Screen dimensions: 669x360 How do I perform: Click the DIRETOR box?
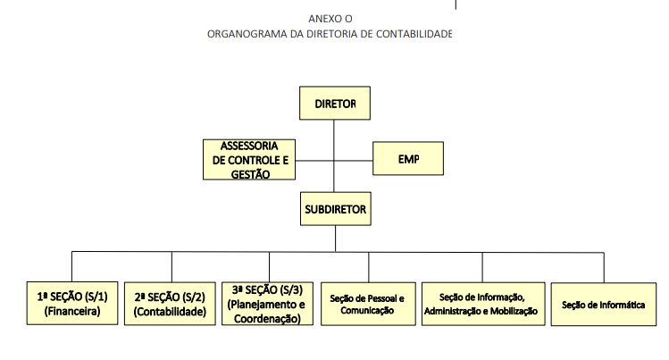pos(335,104)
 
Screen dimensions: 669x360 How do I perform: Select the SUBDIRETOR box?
pos(336,209)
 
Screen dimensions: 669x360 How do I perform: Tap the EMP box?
pos(408,159)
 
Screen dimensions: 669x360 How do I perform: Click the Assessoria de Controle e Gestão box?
pos(249,160)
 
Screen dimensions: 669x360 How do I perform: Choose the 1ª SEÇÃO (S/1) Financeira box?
pos(72,303)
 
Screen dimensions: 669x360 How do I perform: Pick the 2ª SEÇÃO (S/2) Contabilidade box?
pos(170,304)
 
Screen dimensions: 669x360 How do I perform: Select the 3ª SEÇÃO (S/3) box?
pos(268,304)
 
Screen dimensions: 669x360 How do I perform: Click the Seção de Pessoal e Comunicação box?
pos(368,304)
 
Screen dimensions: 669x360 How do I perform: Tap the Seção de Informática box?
pos(604,305)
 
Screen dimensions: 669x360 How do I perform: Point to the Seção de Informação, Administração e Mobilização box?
pos(483,304)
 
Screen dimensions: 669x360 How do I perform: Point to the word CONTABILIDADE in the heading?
pos(414,34)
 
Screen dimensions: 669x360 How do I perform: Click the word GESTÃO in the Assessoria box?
pos(250,174)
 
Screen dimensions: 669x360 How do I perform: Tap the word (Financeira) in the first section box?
pos(72,312)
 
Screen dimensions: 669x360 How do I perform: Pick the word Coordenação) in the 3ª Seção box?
pos(268,319)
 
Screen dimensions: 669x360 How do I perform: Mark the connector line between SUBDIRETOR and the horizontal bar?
pos(335,239)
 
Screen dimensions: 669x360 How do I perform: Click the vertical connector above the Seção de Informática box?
pos(604,268)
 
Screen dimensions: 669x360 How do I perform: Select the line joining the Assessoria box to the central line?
pos(314,161)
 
